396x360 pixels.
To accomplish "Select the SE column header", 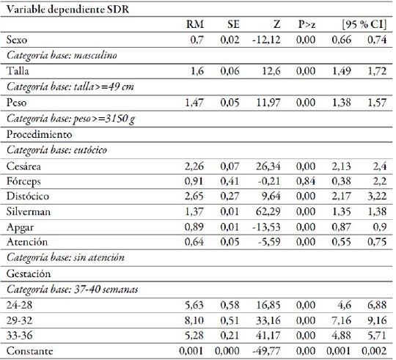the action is point(233,26).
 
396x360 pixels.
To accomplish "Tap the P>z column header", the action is point(307,26).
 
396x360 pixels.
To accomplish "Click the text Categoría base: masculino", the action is point(53,55).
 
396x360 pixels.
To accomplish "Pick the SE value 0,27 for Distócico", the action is point(231,196).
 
